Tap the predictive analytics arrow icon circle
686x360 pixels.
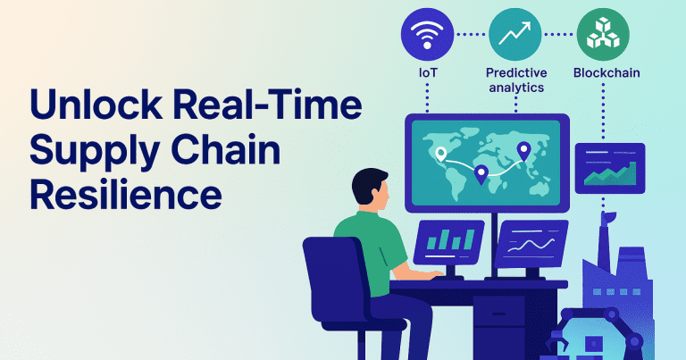[514, 35]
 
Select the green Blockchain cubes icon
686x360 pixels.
[602, 35]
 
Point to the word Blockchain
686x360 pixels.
[604, 72]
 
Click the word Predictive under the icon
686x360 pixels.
[515, 72]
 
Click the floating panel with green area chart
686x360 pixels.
[611, 167]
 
